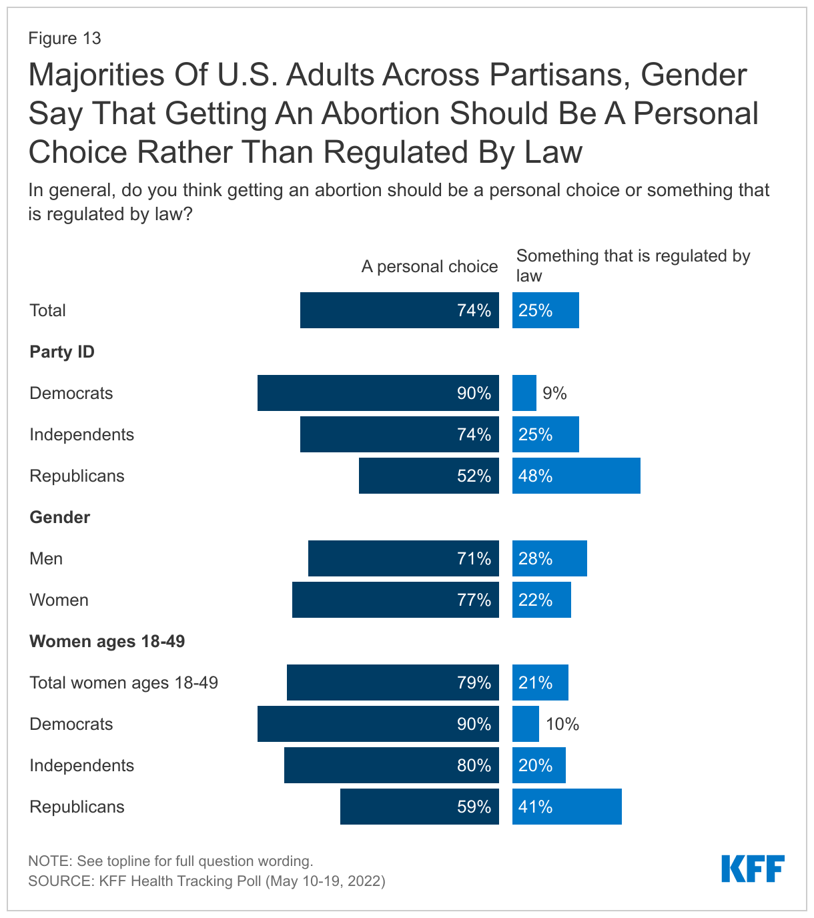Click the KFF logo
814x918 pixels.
[x=753, y=869]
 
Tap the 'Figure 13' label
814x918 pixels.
[x=65, y=38]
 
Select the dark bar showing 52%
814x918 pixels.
[x=428, y=476]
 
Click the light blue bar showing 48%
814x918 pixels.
[x=576, y=476]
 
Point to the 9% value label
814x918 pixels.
[x=554, y=393]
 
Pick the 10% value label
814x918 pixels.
[x=562, y=724]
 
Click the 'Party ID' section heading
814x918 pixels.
[x=62, y=352]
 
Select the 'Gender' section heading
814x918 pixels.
[x=60, y=517]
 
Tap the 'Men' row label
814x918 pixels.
[x=46, y=558]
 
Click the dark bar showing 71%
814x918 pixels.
[x=403, y=558]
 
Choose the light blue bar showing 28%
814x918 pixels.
[x=549, y=558]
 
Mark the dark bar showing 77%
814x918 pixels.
[x=395, y=600]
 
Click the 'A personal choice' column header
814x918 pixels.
[x=430, y=267]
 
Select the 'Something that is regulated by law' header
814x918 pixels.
[x=633, y=266]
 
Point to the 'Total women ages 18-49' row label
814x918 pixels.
[x=124, y=682]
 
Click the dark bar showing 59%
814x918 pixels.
[x=419, y=807]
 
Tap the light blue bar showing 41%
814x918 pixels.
[x=566, y=807]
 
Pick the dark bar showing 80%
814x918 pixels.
[x=391, y=765]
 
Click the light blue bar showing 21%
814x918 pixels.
[x=540, y=682]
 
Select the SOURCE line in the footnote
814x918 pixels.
[x=207, y=881]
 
